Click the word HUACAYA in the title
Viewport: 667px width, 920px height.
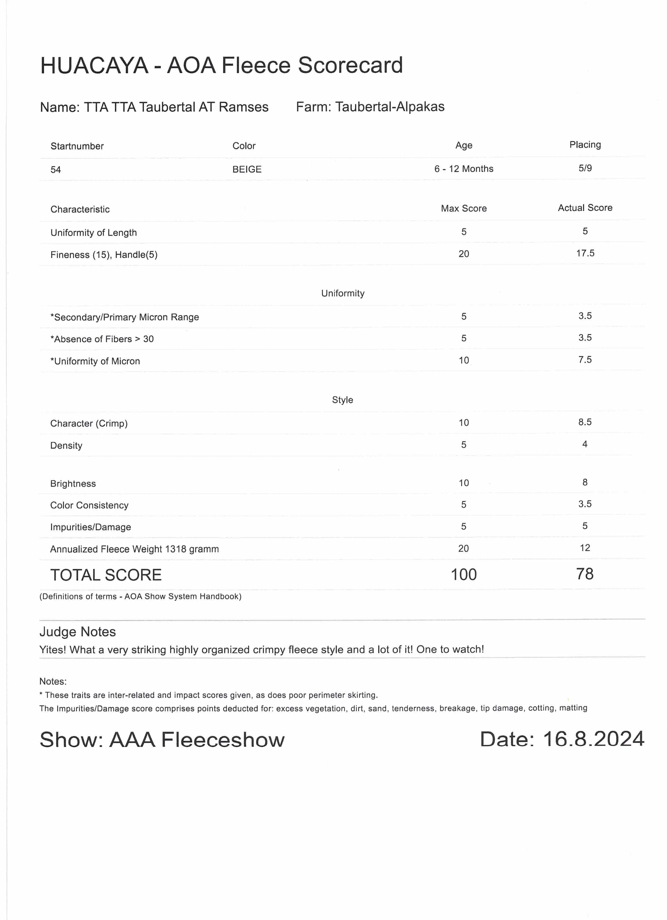point(94,65)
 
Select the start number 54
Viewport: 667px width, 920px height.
point(55,170)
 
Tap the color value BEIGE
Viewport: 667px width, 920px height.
point(247,169)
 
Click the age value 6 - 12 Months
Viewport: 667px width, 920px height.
point(464,169)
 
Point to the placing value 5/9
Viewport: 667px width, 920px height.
point(585,168)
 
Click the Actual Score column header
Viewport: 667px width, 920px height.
point(585,208)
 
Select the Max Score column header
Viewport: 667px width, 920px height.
point(464,208)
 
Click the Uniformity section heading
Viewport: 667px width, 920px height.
point(342,293)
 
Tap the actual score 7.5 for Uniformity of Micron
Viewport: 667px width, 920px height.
point(585,359)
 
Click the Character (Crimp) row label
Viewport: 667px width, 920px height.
point(89,424)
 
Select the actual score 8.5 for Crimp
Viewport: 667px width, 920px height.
point(585,422)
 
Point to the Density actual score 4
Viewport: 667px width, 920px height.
point(585,444)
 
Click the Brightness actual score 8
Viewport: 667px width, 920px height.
point(585,482)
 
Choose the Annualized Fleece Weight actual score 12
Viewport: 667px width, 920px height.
point(585,548)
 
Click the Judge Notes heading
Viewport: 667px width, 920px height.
point(77,632)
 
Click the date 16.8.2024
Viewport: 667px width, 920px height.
point(593,739)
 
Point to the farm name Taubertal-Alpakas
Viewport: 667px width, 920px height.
point(390,107)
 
